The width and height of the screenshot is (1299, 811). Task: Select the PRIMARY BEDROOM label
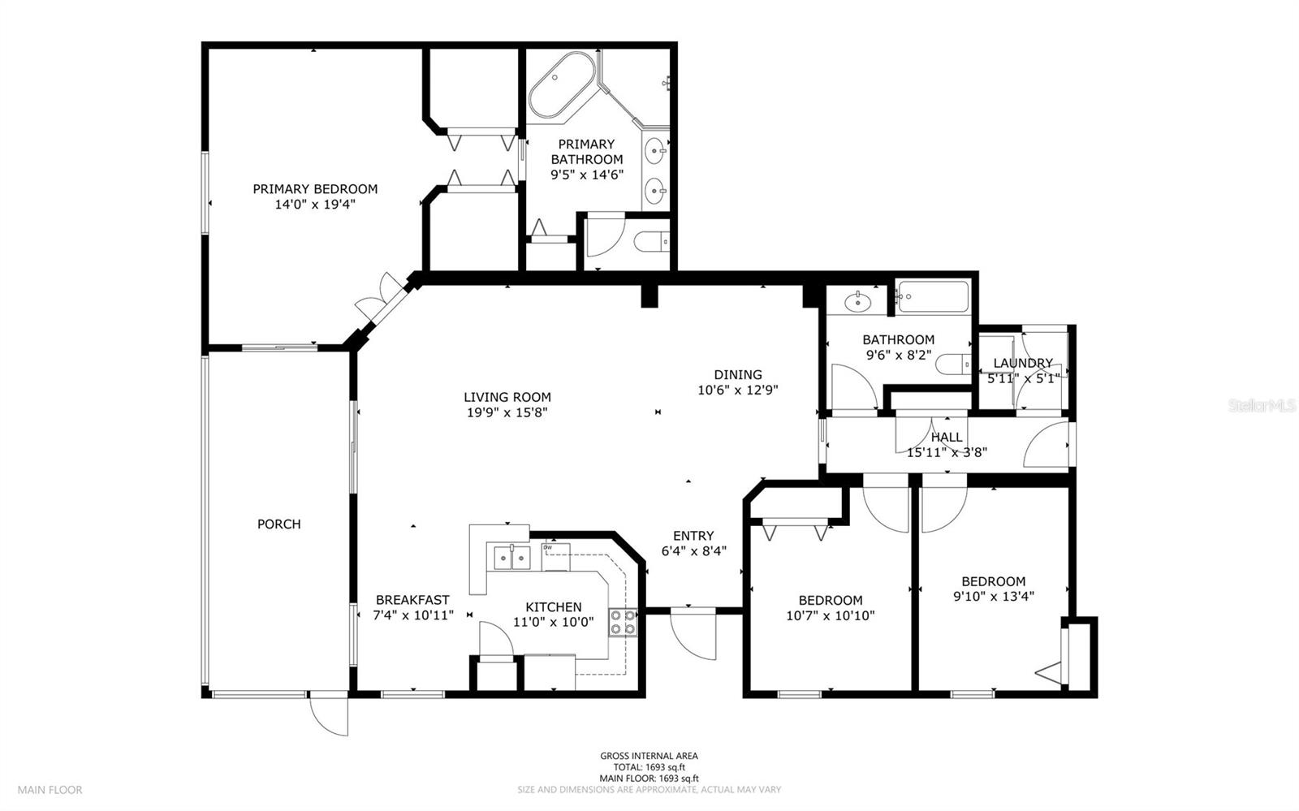click(x=315, y=189)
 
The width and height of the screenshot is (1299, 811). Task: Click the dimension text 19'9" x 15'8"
click(x=507, y=412)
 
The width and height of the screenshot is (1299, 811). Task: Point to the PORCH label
click(x=279, y=524)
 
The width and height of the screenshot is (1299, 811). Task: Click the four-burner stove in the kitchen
click(x=623, y=622)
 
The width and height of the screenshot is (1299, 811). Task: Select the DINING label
click(x=738, y=375)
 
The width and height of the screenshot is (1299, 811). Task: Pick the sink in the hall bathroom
click(x=857, y=303)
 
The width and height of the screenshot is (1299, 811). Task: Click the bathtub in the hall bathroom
click(x=934, y=298)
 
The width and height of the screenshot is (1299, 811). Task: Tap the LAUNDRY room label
click(x=1022, y=363)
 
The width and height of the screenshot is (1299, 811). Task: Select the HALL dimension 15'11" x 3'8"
click(x=947, y=452)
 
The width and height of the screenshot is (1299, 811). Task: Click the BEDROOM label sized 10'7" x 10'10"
click(x=830, y=601)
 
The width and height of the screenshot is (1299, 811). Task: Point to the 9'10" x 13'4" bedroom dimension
click(x=994, y=596)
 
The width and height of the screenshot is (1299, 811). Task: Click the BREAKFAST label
click(x=412, y=601)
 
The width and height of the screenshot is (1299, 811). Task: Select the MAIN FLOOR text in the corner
click(x=50, y=790)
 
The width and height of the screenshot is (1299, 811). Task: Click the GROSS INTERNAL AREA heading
click(x=649, y=756)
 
